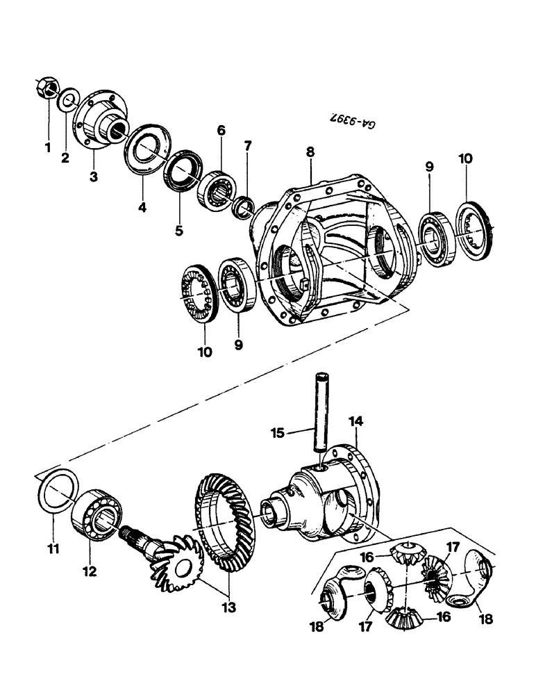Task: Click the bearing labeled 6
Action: (x=217, y=187)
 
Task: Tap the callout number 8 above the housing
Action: (x=310, y=152)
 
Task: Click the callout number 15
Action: (x=278, y=434)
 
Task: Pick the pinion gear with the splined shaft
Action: (x=167, y=562)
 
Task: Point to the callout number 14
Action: (x=356, y=422)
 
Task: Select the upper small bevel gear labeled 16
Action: (x=407, y=554)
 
